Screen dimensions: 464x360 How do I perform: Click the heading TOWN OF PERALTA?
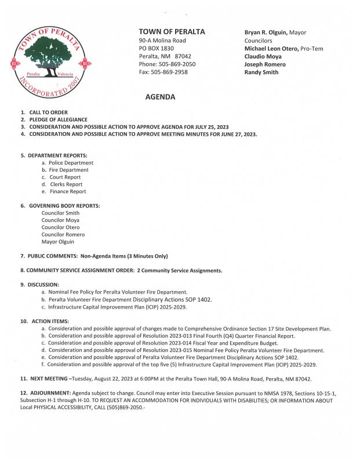click(x=172, y=31)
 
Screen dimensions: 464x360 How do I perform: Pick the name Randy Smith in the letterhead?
click(x=261, y=72)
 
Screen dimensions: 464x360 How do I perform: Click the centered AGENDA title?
click(x=160, y=97)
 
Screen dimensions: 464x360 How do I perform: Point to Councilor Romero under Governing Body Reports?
click(x=63, y=234)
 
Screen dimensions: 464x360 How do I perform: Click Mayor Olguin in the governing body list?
click(x=58, y=241)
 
